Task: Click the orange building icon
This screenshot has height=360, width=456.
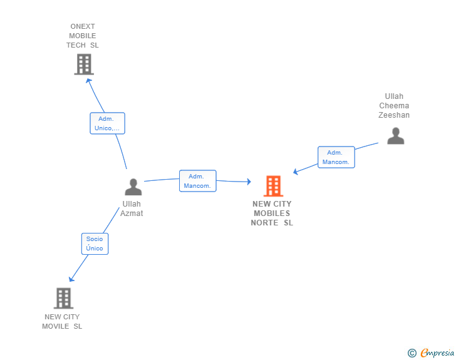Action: click(x=273, y=186)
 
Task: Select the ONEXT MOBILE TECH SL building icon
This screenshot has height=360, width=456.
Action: click(x=84, y=64)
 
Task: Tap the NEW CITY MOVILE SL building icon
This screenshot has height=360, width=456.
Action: click(x=63, y=298)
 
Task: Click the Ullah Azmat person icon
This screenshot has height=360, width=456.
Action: click(x=133, y=187)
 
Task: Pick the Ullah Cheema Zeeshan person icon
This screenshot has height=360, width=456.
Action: click(x=395, y=136)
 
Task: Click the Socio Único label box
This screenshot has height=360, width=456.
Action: click(x=95, y=244)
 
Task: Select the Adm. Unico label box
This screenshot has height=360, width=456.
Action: click(x=107, y=123)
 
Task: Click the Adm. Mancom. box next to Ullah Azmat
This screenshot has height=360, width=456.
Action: click(x=198, y=181)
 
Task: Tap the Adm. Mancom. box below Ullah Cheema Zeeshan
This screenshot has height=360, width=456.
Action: click(x=336, y=157)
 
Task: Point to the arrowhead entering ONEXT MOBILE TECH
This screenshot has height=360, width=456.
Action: click(x=88, y=81)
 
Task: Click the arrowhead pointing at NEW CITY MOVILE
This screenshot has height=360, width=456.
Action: click(x=71, y=279)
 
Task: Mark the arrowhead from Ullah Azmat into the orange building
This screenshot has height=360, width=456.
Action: click(x=249, y=182)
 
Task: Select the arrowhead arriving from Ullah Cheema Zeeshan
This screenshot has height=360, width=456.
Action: click(x=296, y=172)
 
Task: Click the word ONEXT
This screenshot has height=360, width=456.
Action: click(x=83, y=26)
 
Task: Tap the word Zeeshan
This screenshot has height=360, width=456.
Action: click(x=394, y=115)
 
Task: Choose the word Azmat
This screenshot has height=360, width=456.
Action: click(x=132, y=213)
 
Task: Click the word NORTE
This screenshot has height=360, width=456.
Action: click(x=264, y=223)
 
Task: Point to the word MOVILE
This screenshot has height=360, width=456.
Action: click(x=56, y=326)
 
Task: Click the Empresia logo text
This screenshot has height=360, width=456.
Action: click(x=437, y=353)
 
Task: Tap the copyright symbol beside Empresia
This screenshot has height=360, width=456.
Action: click(x=412, y=353)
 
